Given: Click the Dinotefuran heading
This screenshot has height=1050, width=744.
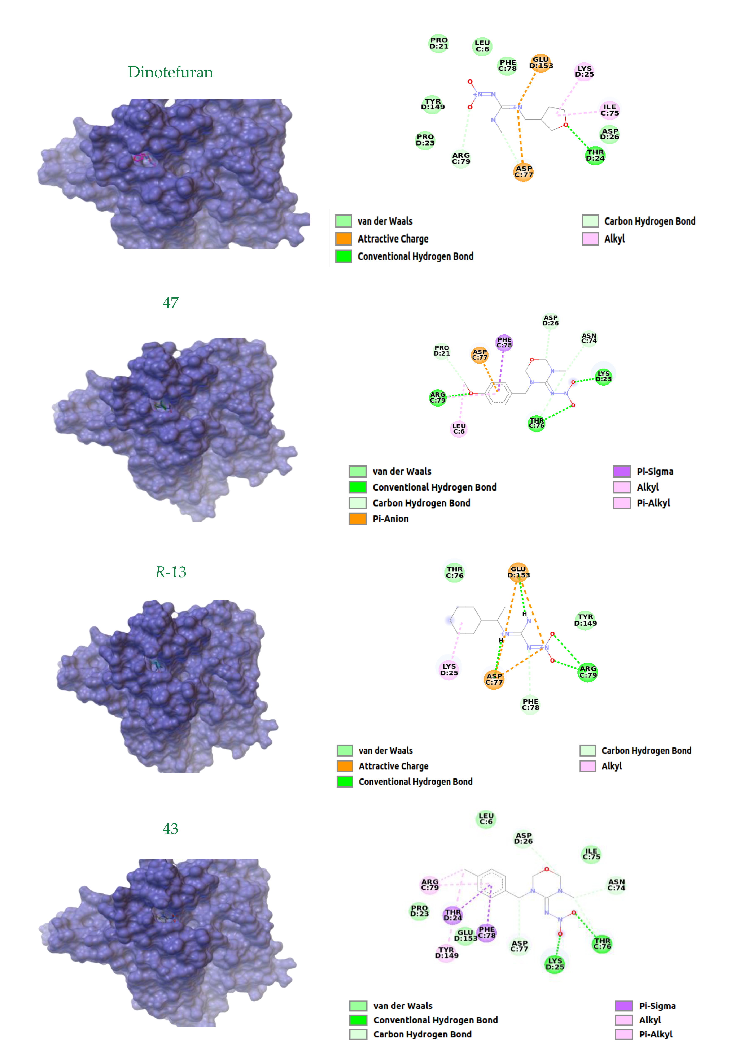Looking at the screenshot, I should [x=170, y=72].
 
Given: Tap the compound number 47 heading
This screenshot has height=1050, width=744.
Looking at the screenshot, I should [x=170, y=303].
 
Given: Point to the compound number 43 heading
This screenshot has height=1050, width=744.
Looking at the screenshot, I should [x=170, y=829].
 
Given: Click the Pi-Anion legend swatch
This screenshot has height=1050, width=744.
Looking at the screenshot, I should [x=357, y=519].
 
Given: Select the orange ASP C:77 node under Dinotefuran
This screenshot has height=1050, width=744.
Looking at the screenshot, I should [x=523, y=172].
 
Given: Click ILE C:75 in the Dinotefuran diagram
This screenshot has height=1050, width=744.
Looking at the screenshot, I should [x=609, y=110].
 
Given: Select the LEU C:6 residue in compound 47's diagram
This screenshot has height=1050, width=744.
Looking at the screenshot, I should [x=459, y=429].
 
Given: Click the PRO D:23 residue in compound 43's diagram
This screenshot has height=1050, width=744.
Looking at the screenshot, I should [x=419, y=911].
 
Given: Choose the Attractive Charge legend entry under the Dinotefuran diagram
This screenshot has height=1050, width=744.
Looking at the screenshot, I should [x=393, y=239].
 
